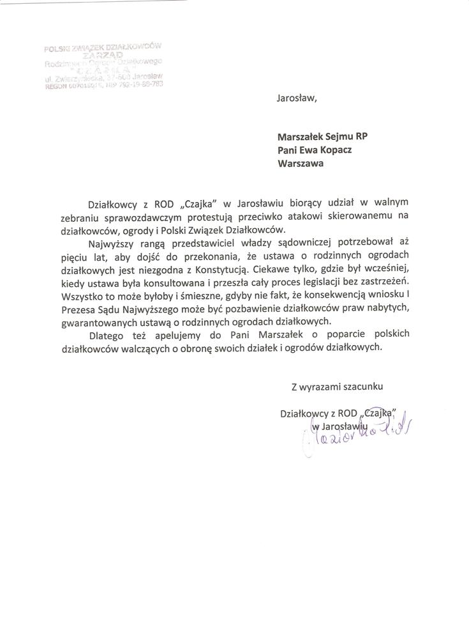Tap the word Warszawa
pyautogui.click(x=301, y=163)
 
